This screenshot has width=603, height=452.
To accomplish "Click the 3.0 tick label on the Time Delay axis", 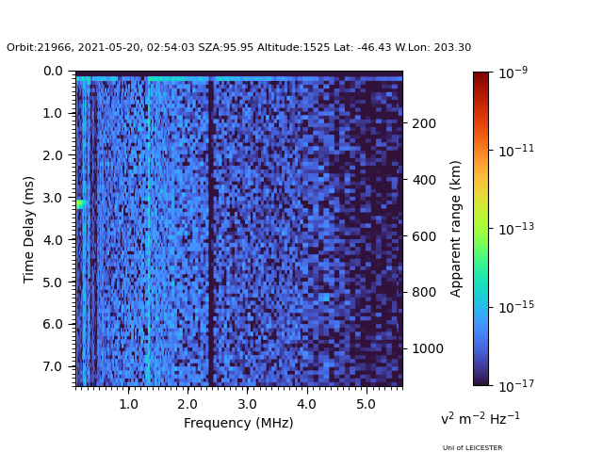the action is point(53,198).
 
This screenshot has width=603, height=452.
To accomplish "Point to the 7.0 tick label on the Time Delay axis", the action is point(53,366).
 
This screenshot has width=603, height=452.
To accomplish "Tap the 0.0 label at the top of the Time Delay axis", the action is point(53,72).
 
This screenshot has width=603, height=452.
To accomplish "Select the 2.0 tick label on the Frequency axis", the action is point(187,404).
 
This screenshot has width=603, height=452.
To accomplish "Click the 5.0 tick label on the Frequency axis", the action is point(367,404).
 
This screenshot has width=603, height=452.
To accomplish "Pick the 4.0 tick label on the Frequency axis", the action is point(306,404).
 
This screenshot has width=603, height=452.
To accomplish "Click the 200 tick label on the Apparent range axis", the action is point(424,123).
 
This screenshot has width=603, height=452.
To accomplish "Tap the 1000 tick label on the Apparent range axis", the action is point(428,348).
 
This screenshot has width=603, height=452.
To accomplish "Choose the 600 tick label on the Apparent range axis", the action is point(424,236).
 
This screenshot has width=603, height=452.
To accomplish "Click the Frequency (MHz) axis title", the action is point(238,423).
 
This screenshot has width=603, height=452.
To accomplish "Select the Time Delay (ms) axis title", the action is point(28,230).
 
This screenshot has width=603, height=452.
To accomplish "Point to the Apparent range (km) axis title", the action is point(455,229).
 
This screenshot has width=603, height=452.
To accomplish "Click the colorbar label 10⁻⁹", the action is point(513,73).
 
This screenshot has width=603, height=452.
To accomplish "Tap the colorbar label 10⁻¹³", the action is point(516,229).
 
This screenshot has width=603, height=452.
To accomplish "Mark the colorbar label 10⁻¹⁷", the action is point(516,385).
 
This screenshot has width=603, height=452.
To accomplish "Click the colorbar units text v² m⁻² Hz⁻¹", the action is point(481,418).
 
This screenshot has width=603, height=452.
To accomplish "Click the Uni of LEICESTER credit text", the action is point(472,448).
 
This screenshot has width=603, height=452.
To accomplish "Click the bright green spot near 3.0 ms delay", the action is point(82,204).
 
